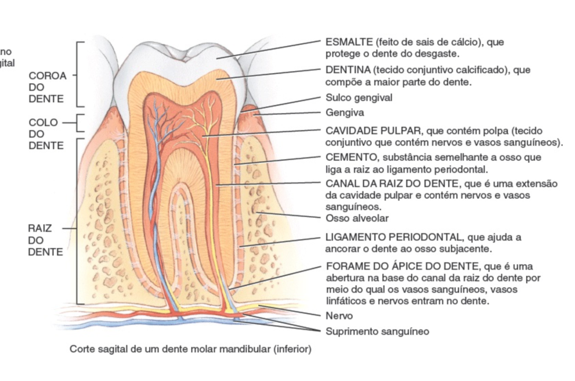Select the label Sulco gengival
[x=359, y=98]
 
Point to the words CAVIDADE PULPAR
[x=373, y=131]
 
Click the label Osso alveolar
[x=357, y=218]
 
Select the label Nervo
[x=339, y=316]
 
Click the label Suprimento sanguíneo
[x=377, y=331]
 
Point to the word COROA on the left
[x=47, y=76]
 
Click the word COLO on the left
[x=43, y=122]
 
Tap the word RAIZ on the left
[x=40, y=228]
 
